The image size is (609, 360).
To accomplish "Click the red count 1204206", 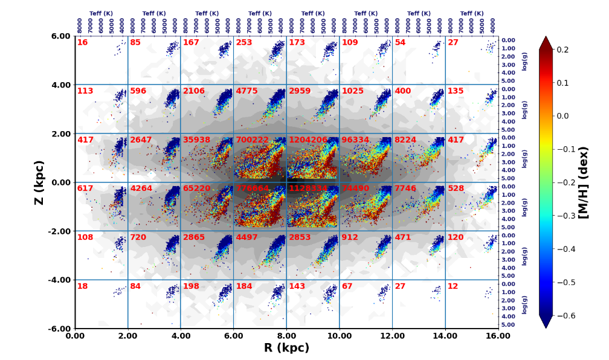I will [x=308, y=140].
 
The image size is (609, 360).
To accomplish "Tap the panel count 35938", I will [x=197, y=140].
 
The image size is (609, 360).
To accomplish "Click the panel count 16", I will [x=82, y=42].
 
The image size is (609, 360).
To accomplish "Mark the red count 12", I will [x=453, y=286].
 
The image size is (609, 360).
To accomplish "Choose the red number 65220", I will [x=197, y=188].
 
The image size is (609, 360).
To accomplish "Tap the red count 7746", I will [x=405, y=188].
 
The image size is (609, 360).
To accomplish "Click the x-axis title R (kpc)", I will [x=286, y=348].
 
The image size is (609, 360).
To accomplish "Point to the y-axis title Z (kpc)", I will [x=39, y=182].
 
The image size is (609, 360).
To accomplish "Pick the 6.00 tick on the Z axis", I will [x=60, y=36].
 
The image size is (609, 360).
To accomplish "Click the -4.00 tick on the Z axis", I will [x=59, y=280].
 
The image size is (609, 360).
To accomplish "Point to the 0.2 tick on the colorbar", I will [x=562, y=50].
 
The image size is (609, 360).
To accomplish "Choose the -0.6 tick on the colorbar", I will [x=564, y=315].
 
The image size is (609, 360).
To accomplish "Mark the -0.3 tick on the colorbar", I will [x=564, y=216].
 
